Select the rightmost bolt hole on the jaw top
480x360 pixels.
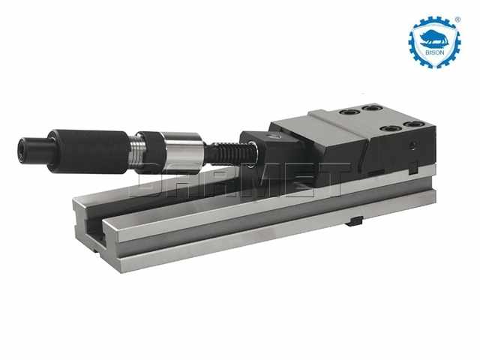click(x=412, y=124)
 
